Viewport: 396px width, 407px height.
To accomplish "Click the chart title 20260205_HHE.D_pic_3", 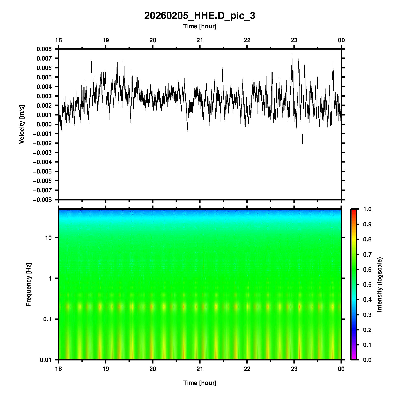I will [x=200, y=16].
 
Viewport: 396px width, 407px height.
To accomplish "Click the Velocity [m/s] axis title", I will [x=22, y=124].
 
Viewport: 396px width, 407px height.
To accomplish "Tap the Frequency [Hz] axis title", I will [x=29, y=284].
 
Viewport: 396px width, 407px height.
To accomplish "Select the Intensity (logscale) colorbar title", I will [x=380, y=284].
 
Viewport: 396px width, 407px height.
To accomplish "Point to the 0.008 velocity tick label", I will [x=44, y=49].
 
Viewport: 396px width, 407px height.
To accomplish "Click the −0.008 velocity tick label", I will [x=42, y=200].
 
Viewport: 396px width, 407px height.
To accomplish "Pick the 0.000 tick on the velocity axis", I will [x=44, y=124].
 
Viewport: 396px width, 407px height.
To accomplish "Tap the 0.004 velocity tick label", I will [x=44, y=87].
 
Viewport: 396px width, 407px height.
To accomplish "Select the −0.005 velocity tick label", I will [x=42, y=171].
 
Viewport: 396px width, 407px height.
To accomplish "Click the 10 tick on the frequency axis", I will [x=48, y=238].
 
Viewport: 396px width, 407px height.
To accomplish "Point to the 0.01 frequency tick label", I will [x=46, y=360].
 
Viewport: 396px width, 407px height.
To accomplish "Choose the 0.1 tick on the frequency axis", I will [x=47, y=319].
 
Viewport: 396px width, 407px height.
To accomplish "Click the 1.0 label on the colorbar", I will [x=367, y=209].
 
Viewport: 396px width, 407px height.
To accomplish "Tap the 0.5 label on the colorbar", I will [x=367, y=284].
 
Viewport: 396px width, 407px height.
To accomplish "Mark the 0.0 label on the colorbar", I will [x=367, y=360].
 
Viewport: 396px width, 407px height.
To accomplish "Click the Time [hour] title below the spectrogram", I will [x=200, y=383].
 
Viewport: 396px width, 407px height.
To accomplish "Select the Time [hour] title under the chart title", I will [x=200, y=26].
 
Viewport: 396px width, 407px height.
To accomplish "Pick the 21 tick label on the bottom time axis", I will [x=200, y=369].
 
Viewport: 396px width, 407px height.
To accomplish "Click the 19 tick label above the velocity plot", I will [x=105, y=40].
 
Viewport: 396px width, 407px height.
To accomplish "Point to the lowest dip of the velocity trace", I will [x=303, y=144].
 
